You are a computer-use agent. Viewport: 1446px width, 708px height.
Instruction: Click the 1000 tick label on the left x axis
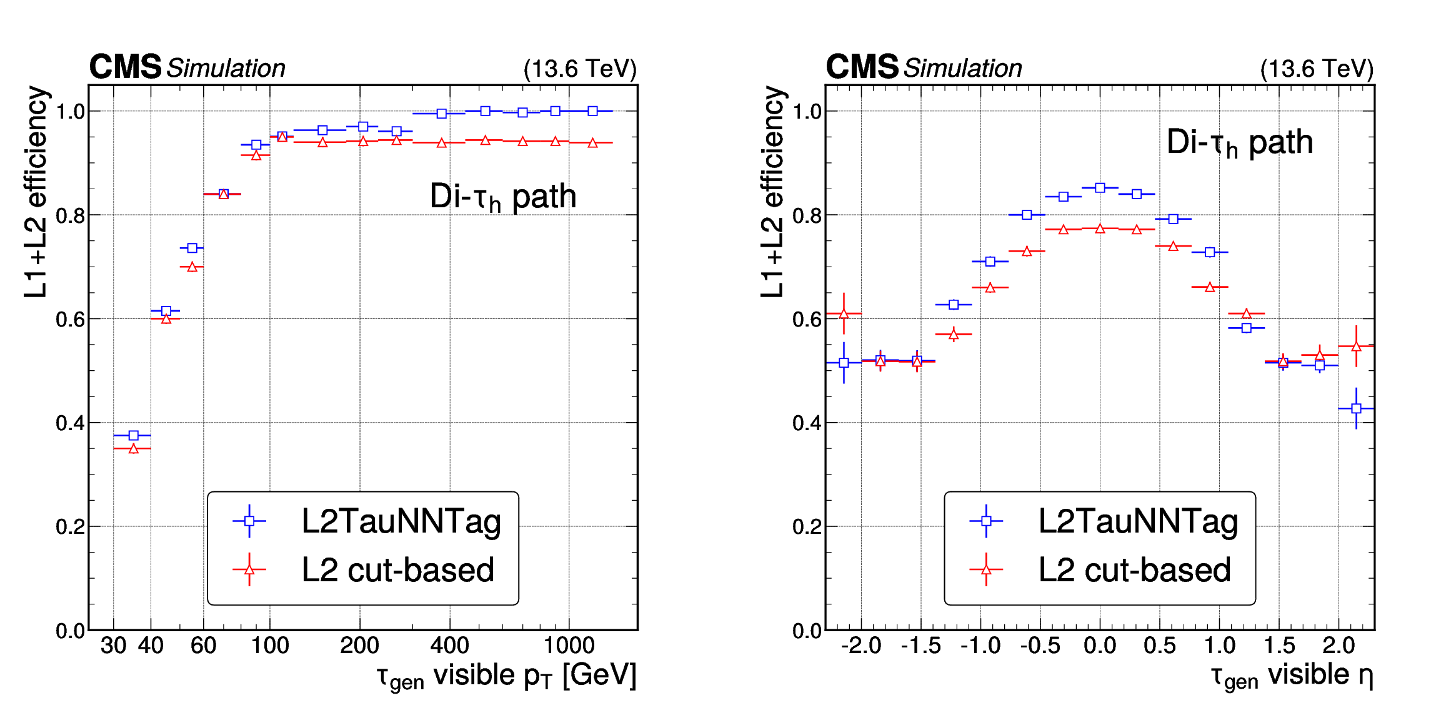point(569,646)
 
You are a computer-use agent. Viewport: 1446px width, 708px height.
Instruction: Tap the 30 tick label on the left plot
point(113,646)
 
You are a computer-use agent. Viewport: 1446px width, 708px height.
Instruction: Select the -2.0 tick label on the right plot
point(860,646)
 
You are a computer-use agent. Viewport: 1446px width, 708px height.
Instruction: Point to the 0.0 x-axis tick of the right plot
point(1100,646)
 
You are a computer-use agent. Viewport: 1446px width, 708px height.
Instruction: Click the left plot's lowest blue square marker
point(133,435)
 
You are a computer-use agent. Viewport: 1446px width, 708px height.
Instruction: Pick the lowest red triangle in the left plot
point(133,449)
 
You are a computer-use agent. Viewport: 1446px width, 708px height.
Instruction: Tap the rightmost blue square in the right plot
point(1356,408)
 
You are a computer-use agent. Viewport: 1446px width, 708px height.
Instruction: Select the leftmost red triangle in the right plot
point(844,313)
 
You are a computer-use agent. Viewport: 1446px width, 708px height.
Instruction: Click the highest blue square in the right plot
point(1100,187)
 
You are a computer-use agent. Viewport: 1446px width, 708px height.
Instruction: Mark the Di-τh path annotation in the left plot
point(503,197)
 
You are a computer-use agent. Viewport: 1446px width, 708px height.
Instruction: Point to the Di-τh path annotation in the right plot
point(1240,142)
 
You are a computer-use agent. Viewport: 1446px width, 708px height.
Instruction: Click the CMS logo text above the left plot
point(125,67)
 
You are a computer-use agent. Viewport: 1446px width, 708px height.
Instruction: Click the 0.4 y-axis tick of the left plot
point(70,423)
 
